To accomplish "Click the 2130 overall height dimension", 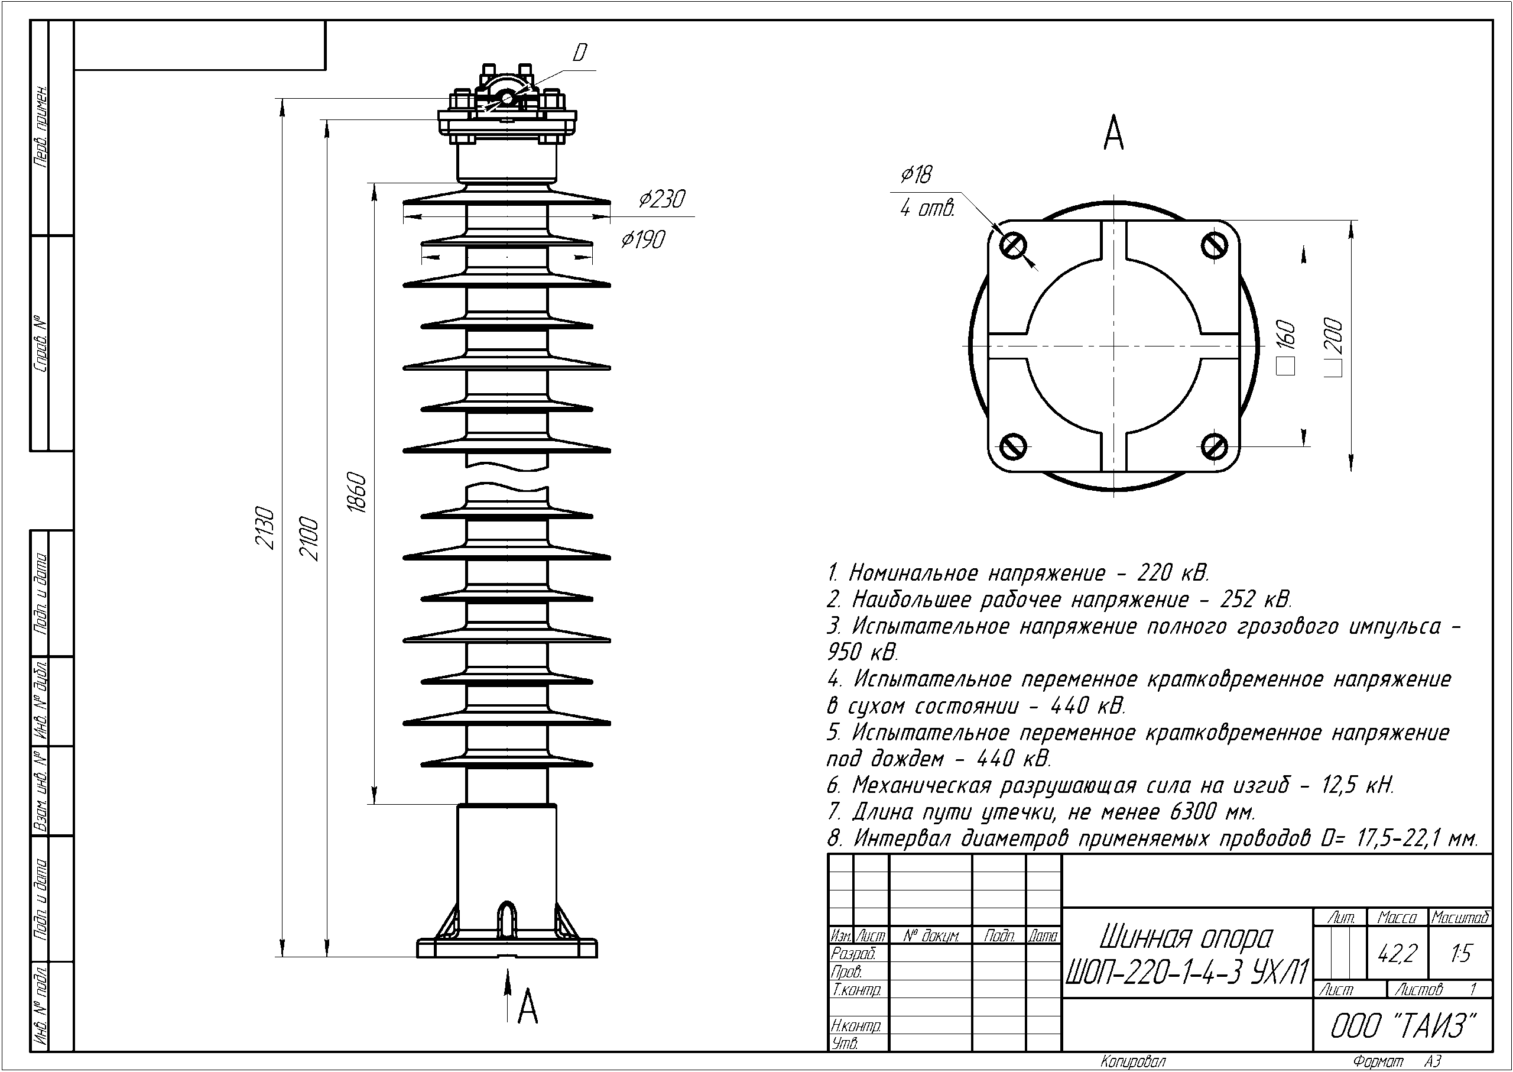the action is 265,529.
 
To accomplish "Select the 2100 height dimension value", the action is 310,540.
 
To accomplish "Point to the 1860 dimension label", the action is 356,493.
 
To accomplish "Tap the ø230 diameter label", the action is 662,199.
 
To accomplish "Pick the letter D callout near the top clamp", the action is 579,53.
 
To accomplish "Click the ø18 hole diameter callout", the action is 917,175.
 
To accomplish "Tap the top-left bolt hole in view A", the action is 1013,246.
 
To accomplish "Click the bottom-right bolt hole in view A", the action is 1213,446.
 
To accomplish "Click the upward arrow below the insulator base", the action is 508,996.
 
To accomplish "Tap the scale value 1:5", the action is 1461,954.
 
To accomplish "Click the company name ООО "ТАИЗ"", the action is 1402,1026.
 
